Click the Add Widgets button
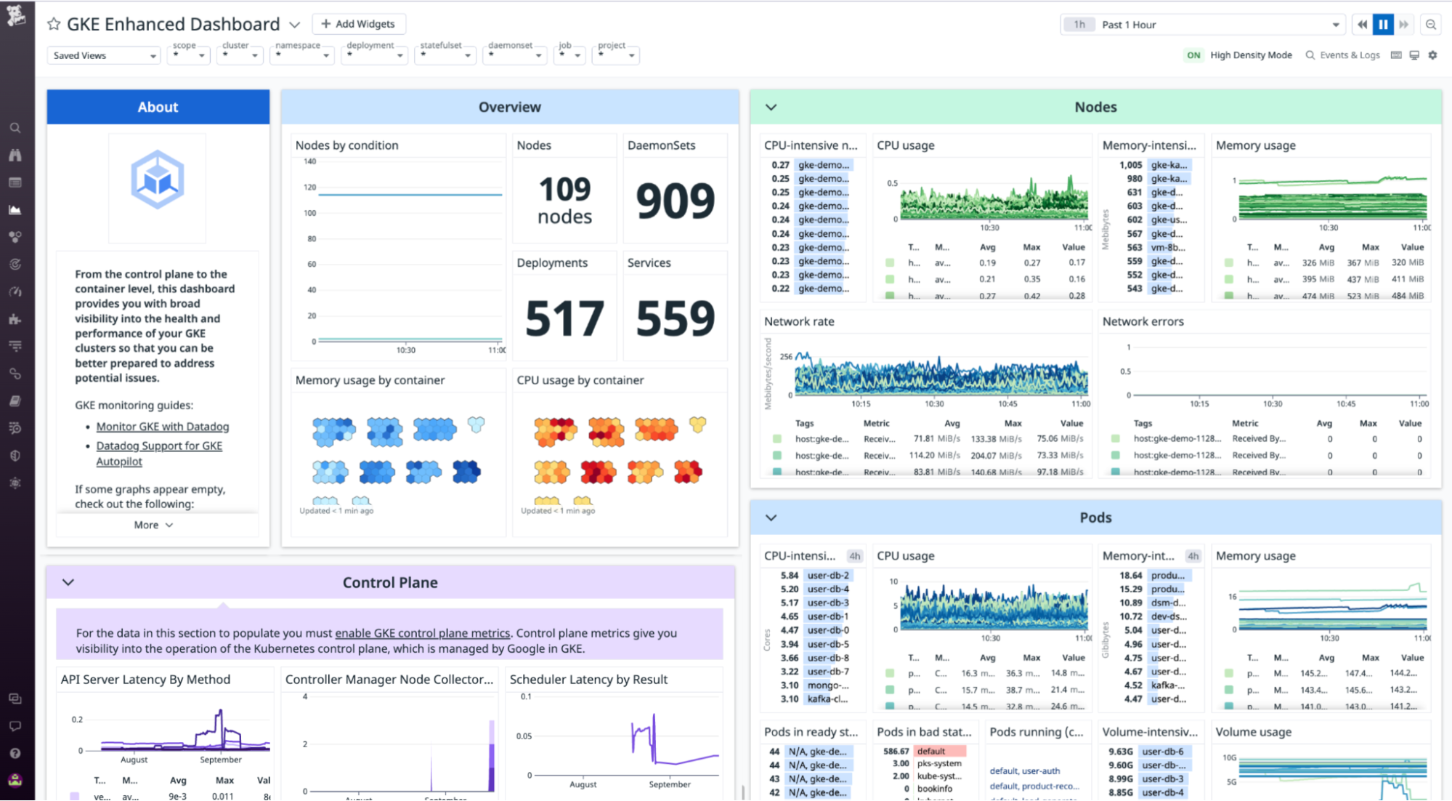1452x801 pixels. (x=359, y=24)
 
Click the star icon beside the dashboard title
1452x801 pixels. (x=54, y=24)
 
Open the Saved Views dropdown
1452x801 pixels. (x=103, y=55)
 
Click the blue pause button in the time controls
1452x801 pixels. (x=1383, y=25)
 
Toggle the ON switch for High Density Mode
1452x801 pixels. (x=1193, y=55)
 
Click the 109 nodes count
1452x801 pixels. (x=564, y=200)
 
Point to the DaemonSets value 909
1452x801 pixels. (x=675, y=201)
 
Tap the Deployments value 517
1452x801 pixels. (x=564, y=318)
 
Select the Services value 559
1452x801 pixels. (x=675, y=318)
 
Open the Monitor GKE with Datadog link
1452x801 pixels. (x=163, y=427)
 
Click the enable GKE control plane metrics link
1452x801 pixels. (x=422, y=633)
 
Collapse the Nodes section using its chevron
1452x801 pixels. (x=771, y=107)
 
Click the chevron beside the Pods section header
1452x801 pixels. (x=771, y=518)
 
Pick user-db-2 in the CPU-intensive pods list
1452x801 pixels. (x=828, y=575)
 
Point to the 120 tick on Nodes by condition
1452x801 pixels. (x=310, y=188)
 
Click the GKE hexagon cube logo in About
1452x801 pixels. (x=158, y=180)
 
